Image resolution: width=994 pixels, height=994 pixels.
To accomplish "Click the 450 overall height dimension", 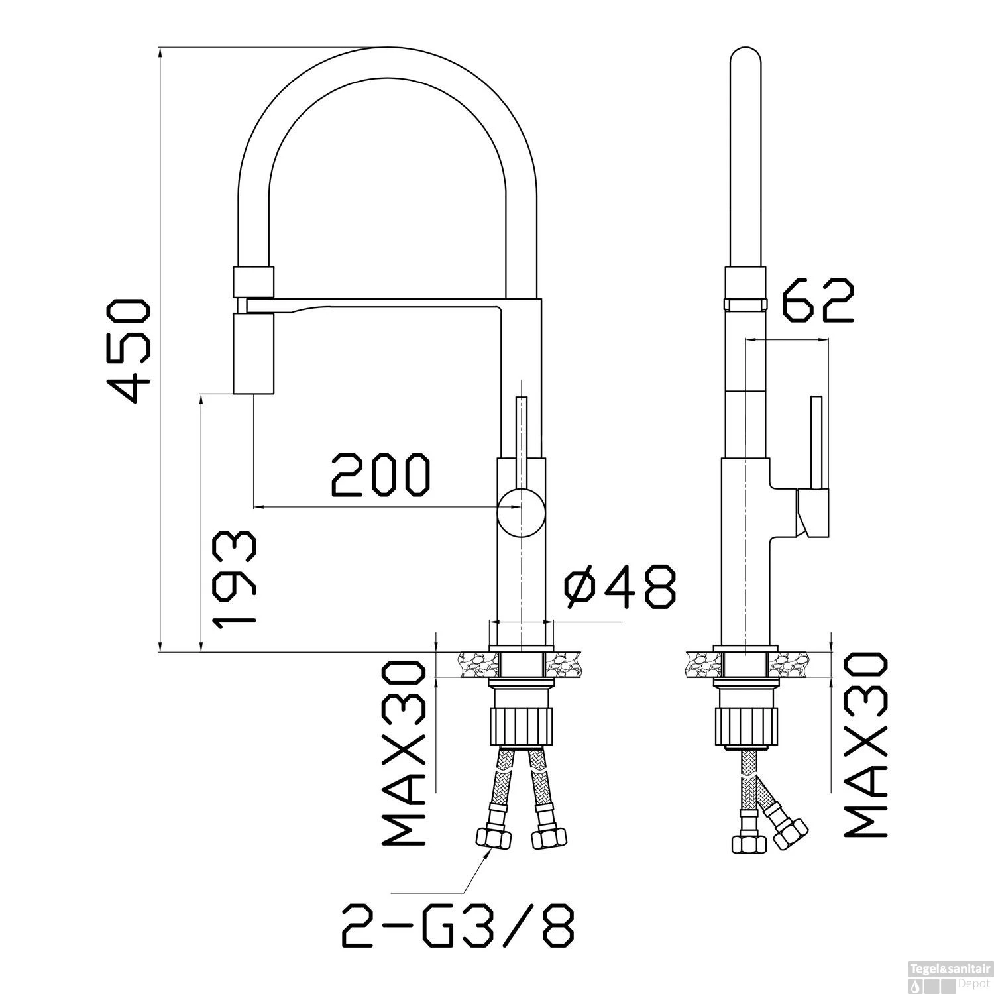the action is tap(131, 351).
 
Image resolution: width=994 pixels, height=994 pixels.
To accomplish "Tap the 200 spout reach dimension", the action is tap(380, 475).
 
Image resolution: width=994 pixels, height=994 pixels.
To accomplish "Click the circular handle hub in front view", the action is tap(522, 511).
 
